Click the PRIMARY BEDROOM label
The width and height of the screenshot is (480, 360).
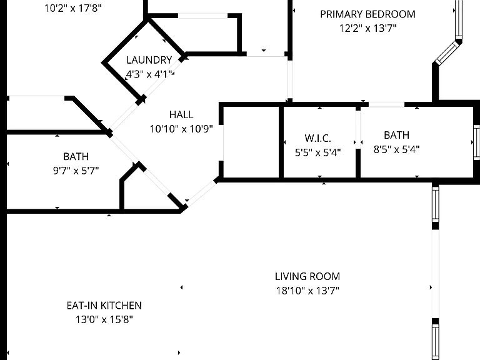[x=367, y=14]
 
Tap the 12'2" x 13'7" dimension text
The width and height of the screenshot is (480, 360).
[x=367, y=28]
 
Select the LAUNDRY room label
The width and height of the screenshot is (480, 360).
[x=149, y=60]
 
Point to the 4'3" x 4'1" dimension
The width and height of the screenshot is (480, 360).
[x=150, y=74]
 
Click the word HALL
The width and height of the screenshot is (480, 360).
[x=181, y=114]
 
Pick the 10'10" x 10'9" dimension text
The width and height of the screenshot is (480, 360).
[x=181, y=129]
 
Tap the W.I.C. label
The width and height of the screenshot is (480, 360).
[x=317, y=138]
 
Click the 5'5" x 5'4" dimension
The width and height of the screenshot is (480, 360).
[x=317, y=152]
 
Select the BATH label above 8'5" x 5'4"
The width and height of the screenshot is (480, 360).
[x=396, y=135]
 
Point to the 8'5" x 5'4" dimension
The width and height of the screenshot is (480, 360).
[x=396, y=149]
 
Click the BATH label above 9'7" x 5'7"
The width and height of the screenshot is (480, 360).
[x=76, y=156]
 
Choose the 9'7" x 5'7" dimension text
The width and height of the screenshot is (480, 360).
[x=76, y=171]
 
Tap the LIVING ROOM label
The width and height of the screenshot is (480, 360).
[x=307, y=276]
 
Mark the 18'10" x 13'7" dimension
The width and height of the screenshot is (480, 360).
[x=307, y=291]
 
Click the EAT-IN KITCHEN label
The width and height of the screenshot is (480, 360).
[x=104, y=306]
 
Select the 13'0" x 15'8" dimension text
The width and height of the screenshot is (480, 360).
[x=104, y=319]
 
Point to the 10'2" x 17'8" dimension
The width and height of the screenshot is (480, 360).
[x=73, y=8]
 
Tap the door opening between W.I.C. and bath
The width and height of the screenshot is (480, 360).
[x=358, y=129]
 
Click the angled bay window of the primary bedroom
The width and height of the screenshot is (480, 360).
[x=448, y=53]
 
